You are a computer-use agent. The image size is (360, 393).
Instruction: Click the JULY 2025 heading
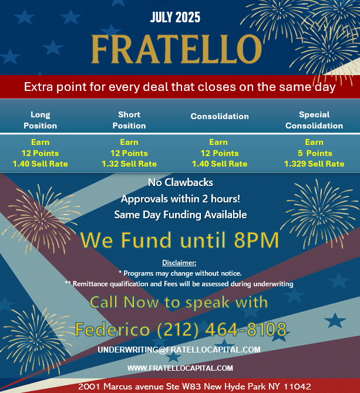tap(175, 17)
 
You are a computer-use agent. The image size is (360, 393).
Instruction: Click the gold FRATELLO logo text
tap(177, 49)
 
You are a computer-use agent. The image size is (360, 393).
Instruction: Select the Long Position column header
tap(40, 120)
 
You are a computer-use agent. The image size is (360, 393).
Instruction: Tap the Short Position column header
tap(129, 120)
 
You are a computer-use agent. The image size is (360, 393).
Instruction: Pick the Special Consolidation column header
tap(314, 120)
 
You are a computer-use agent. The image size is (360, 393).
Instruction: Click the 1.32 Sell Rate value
tap(129, 164)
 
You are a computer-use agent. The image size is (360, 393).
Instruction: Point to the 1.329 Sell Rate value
tap(314, 164)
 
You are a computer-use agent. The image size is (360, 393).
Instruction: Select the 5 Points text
tap(315, 153)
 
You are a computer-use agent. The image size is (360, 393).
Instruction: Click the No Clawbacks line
tap(180, 182)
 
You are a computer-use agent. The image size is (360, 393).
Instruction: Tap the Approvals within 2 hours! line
tap(180, 199)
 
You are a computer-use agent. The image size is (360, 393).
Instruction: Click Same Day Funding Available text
tap(180, 215)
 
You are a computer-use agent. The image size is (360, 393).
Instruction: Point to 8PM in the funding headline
tap(257, 240)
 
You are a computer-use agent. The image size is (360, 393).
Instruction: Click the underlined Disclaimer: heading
tap(179, 263)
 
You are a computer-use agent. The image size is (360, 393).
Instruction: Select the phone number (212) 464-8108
tap(222, 329)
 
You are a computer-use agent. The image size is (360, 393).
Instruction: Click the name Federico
tap(113, 329)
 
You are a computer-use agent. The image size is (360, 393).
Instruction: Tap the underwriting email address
tap(179, 350)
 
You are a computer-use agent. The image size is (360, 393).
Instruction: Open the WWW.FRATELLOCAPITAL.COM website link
tap(180, 368)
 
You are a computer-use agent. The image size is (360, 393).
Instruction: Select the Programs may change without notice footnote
tap(180, 273)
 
